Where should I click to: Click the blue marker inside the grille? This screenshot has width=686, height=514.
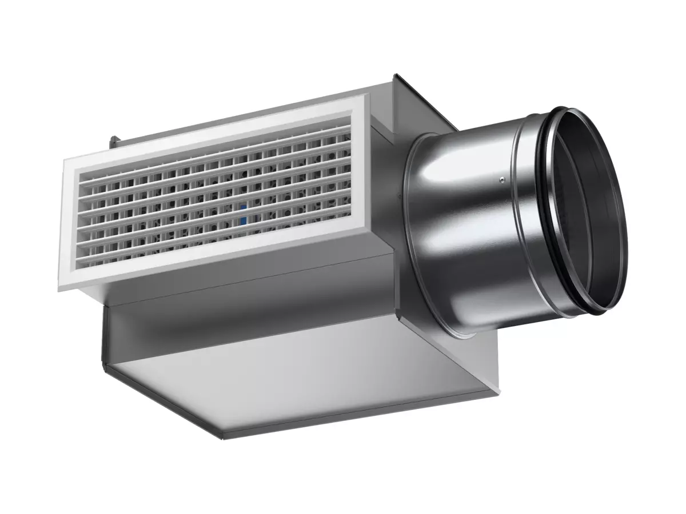click(243, 214)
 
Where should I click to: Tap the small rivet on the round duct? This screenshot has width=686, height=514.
click(501, 180)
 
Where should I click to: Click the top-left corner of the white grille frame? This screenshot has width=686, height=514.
click(65, 160)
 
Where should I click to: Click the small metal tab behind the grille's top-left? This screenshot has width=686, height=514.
click(114, 139)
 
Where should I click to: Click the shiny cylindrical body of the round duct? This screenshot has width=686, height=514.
click(463, 228)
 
